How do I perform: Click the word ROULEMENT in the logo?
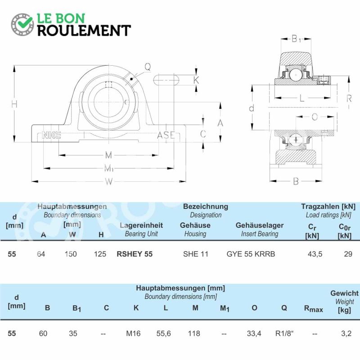(x=84, y=31)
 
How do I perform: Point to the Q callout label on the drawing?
(x=148, y=67)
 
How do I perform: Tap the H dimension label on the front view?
(x=14, y=104)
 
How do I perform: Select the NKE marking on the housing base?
(x=51, y=135)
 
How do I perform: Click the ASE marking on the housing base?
(x=166, y=135)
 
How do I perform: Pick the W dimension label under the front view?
(x=109, y=182)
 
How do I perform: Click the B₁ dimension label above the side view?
(x=296, y=39)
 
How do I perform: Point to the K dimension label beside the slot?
(x=196, y=80)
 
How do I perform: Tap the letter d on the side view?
(x=252, y=108)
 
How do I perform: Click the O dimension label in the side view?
(x=315, y=117)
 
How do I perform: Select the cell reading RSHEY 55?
(x=135, y=254)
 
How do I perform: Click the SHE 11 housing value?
(x=196, y=254)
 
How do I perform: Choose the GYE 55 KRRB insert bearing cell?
(x=251, y=254)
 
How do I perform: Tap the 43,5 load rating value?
(x=315, y=254)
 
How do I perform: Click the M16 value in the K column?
(x=133, y=333)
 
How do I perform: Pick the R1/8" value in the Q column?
(x=284, y=333)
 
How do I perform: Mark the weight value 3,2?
(x=346, y=333)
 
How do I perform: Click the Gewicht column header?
(x=344, y=293)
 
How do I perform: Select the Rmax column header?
(x=313, y=309)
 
